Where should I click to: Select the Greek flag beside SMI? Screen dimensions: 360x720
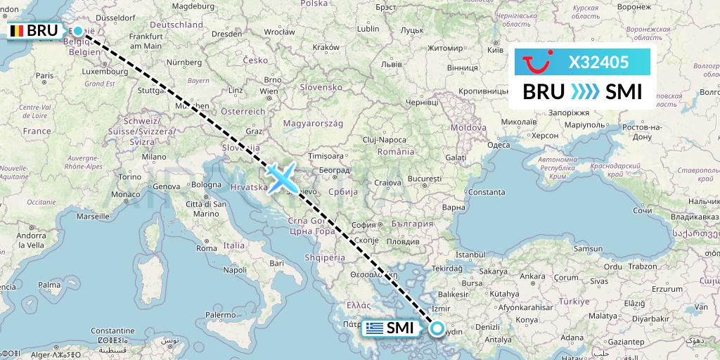[375, 328]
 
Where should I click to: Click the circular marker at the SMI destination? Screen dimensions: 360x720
[437, 328]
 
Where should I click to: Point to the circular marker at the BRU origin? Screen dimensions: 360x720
[78, 30]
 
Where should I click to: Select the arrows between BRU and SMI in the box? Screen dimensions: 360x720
[580, 92]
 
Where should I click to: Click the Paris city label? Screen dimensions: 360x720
[45, 75]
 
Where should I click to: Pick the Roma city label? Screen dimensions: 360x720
[207, 248]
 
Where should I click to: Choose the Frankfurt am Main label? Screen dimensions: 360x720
[146, 41]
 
